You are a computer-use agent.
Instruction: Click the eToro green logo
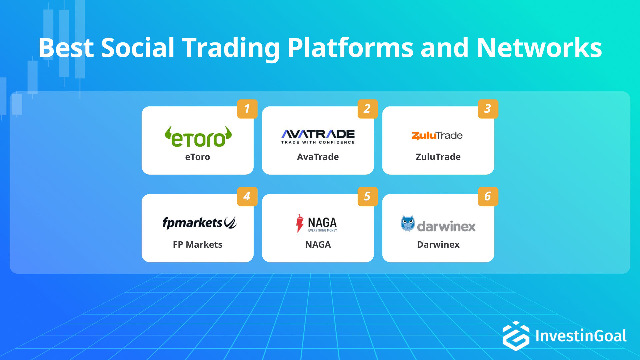(x=198, y=137)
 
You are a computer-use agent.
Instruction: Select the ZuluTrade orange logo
(x=437, y=135)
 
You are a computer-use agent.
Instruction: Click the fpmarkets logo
(x=199, y=223)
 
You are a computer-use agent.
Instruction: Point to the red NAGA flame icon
(x=300, y=223)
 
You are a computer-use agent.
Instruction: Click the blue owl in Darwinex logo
(x=408, y=223)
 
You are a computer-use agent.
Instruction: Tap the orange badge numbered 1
(x=247, y=109)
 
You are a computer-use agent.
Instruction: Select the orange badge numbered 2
(x=367, y=109)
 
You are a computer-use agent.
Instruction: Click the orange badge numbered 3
(x=488, y=109)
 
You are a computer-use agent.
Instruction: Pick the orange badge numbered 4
(x=247, y=196)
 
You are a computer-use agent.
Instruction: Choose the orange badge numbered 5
(x=367, y=196)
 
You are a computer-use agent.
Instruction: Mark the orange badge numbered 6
(x=488, y=196)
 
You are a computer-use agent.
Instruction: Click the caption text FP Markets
(x=197, y=245)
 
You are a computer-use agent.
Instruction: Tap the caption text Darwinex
(x=438, y=245)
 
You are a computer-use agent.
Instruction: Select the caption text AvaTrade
(x=318, y=157)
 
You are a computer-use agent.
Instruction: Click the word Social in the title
(x=137, y=48)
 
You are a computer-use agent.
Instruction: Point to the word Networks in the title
(x=539, y=48)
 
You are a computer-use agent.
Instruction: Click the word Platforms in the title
(x=350, y=48)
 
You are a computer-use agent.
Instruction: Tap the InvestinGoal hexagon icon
(x=516, y=336)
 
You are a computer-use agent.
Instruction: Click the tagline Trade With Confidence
(x=318, y=142)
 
